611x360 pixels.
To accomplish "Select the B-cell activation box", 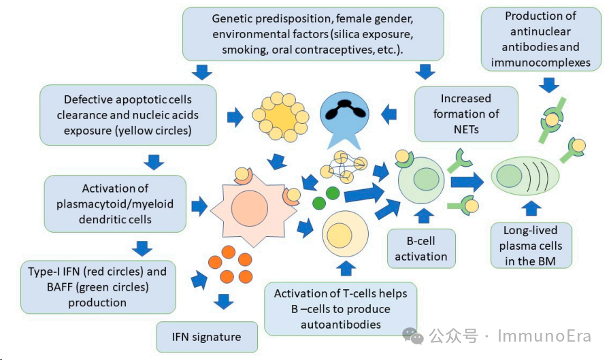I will pos(421,248).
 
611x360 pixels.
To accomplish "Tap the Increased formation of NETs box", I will pos(465,114).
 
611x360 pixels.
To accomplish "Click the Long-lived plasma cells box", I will pos(531,246).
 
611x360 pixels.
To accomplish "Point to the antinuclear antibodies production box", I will pos(541,39).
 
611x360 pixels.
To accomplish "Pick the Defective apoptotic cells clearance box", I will pos(128,115).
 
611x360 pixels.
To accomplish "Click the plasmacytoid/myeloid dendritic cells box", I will pos(115,203).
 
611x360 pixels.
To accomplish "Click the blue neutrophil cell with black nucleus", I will pos(349,116).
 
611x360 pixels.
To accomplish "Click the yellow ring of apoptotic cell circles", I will pos(278,117).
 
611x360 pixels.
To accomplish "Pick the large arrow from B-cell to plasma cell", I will pos(467,181).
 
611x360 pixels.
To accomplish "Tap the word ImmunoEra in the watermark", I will pos(544,336).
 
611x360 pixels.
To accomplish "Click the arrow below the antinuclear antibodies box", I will pos(548,84).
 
